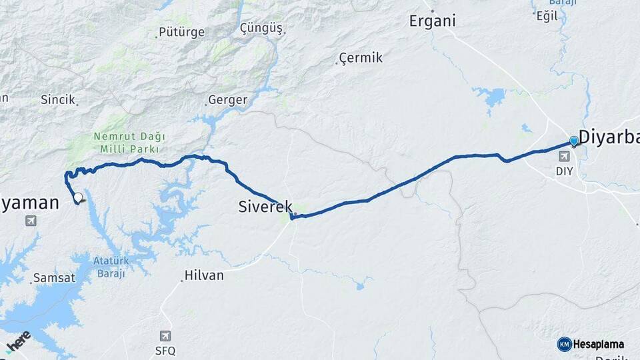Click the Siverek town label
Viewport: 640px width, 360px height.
tap(265, 207)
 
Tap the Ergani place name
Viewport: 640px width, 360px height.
tap(433, 21)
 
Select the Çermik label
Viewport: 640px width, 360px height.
tap(361, 58)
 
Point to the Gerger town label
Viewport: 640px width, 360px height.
tap(227, 101)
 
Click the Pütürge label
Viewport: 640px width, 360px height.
tap(181, 32)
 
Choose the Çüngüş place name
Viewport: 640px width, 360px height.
tap(261, 29)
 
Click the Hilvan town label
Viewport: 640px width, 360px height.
tap(203, 275)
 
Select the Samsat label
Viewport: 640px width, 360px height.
tap(53, 279)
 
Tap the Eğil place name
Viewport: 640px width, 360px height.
tap(547, 16)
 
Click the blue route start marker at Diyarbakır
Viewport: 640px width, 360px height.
tap(573, 141)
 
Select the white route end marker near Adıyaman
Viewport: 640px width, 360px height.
tap(79, 197)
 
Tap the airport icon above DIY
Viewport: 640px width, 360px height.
tap(565, 156)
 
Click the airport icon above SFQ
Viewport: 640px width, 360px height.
tap(165, 336)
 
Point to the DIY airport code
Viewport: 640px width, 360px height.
tap(565, 171)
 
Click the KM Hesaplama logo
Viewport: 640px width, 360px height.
tap(591, 344)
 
